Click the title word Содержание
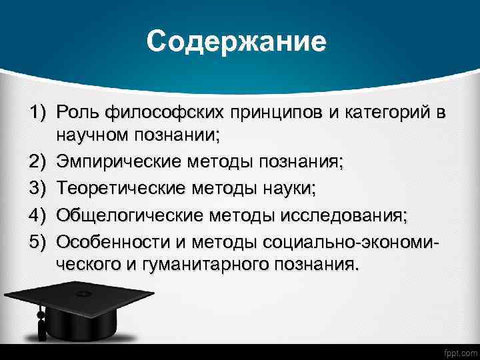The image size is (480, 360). pyautogui.click(x=237, y=41)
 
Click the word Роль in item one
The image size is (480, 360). pyautogui.click(x=77, y=111)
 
